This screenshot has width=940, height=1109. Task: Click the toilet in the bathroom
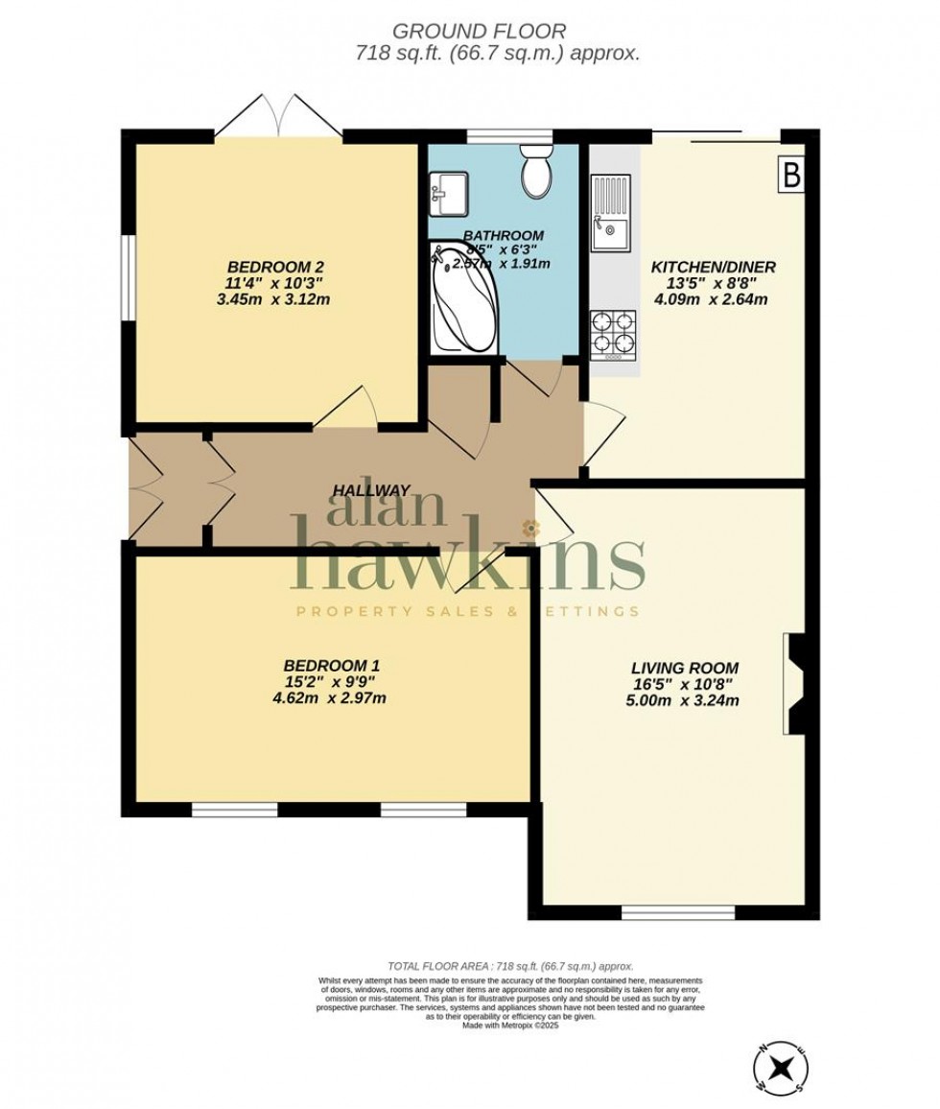pyautogui.click(x=534, y=171)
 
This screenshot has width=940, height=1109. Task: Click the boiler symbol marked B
pyautogui.click(x=792, y=176)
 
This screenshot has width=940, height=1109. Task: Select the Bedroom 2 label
pyautogui.click(x=270, y=266)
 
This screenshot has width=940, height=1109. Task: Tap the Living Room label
pyautogui.click(x=685, y=667)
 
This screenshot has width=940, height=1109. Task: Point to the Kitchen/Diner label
pyautogui.click(x=714, y=267)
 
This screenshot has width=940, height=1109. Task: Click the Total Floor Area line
pyautogui.click(x=510, y=966)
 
